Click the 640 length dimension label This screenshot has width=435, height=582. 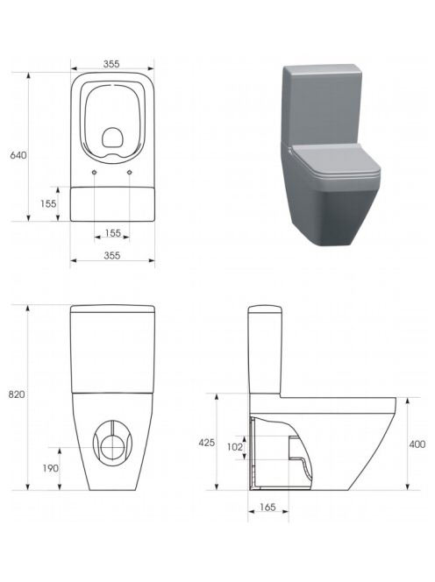[x=18, y=155]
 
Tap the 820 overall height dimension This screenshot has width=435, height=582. [x=17, y=394]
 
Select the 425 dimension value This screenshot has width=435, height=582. [x=207, y=443]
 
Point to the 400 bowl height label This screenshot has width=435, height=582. [x=417, y=444]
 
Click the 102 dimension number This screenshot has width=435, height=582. [x=234, y=447]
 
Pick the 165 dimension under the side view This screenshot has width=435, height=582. [x=267, y=507]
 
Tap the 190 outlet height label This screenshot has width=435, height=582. [x=50, y=468]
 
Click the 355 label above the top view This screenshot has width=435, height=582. [x=111, y=64]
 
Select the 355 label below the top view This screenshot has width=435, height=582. [x=111, y=255]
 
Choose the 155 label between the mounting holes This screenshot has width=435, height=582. [x=113, y=233]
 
